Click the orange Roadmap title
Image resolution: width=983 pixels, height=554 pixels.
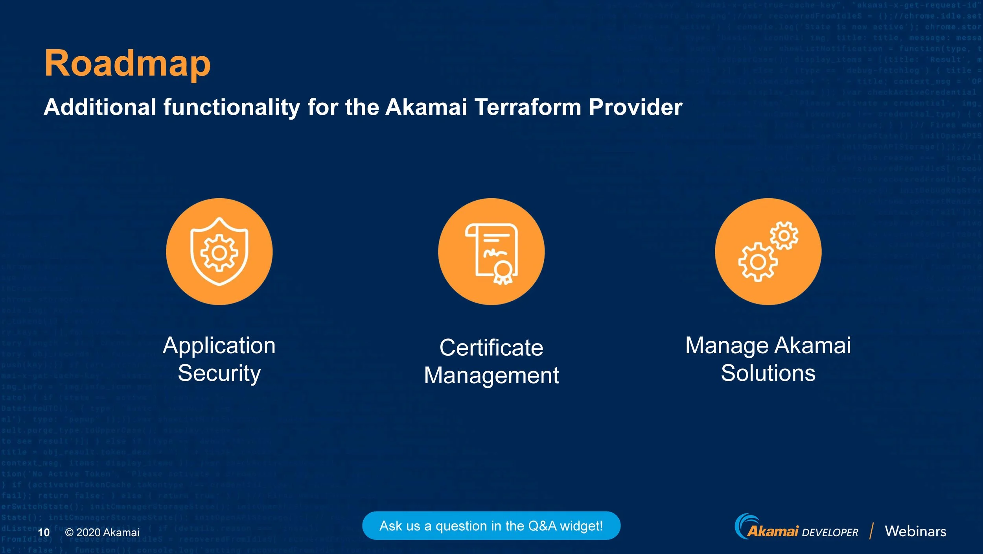[x=127, y=64]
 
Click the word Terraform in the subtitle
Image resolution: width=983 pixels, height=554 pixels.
[x=528, y=107]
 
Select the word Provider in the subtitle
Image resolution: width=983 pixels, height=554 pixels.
[x=635, y=107]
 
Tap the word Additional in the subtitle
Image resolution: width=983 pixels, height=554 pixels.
[x=100, y=107]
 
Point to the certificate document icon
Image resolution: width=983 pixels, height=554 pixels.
[x=491, y=252]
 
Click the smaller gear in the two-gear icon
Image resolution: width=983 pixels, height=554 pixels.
[x=784, y=235]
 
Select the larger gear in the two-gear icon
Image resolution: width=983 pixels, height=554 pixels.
[x=758, y=262]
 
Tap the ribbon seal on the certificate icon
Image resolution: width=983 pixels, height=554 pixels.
[x=503, y=272]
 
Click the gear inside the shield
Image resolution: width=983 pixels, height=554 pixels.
[x=219, y=253]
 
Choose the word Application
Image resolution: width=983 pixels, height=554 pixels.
[x=219, y=346]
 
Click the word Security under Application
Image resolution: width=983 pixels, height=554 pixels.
[x=219, y=373]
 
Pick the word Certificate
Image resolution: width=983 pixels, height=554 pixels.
[x=491, y=348]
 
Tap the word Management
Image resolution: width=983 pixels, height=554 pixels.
[x=491, y=375]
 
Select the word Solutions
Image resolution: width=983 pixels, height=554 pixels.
[x=768, y=373]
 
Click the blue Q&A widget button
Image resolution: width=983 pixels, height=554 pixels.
[x=491, y=526]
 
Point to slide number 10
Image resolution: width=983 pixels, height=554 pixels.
[x=44, y=532]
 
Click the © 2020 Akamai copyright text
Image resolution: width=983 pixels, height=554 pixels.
[x=102, y=532]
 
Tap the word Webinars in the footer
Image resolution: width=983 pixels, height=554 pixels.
[x=915, y=531]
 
